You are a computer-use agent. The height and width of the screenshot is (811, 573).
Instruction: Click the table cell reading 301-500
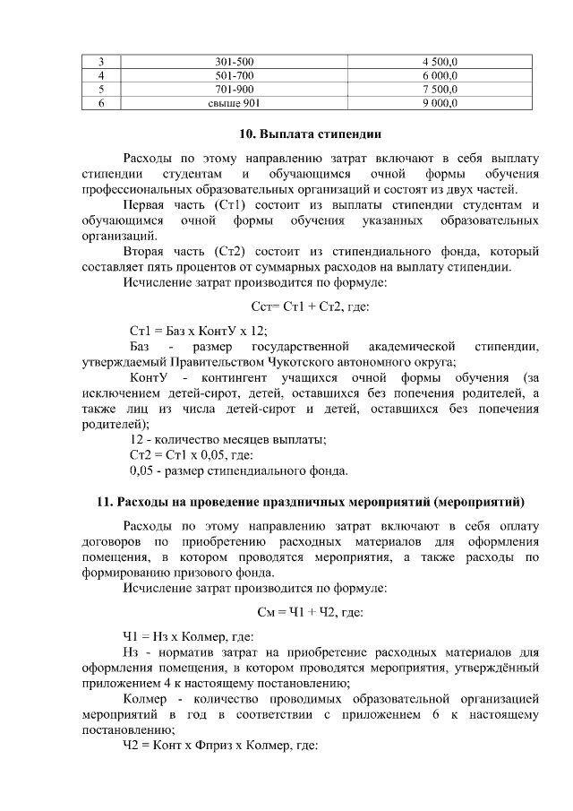235,62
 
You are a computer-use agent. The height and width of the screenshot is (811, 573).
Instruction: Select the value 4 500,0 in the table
440,62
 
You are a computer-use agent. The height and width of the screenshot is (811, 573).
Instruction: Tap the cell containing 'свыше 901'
235,103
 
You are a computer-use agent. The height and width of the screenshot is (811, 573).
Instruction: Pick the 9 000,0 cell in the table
440,103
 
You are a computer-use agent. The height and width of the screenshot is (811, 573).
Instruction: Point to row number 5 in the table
102,90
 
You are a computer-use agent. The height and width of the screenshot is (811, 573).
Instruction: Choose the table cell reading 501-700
235,76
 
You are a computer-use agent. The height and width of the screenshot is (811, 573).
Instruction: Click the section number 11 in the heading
103,500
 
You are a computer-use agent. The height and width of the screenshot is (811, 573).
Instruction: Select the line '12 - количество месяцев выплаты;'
227,439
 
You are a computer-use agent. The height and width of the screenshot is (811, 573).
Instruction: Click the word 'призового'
243,573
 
